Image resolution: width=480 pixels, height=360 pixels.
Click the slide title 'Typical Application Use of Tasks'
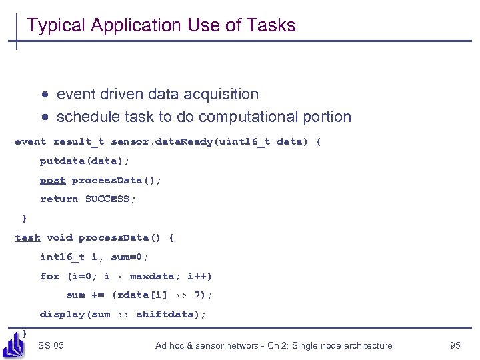pos(161,25)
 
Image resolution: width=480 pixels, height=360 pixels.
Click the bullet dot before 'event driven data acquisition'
pos(43,95)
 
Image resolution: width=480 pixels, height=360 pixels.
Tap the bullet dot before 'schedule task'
pos(43,117)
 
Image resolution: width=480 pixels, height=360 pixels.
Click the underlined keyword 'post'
pos(53,180)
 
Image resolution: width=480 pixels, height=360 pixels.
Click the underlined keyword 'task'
pos(27,237)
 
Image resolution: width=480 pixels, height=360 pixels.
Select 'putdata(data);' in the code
pos(85,161)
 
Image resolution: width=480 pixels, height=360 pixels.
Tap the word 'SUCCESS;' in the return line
pos(111,199)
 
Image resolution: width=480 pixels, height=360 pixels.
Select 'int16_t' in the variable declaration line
pos(62,257)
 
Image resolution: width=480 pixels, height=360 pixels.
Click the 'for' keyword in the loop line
pos(49,276)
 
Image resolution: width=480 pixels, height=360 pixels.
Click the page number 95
pos(455,345)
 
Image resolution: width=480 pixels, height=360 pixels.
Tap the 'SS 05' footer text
pos(51,345)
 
